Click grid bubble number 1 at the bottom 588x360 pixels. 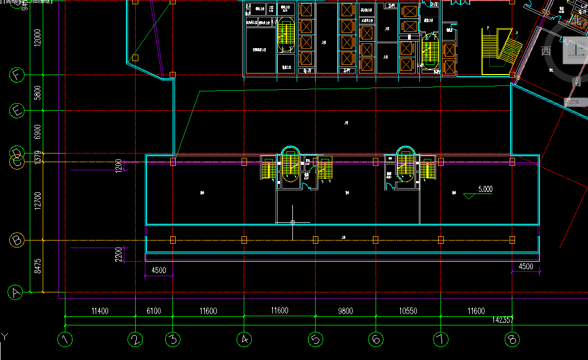[65, 339]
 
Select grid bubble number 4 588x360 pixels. [244, 339]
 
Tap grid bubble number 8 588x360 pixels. [512, 339]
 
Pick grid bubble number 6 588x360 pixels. [376, 339]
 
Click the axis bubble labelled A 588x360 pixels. [16, 292]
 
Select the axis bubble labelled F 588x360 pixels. [17, 75]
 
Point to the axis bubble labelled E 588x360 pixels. [17, 111]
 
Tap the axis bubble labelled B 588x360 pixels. [17, 240]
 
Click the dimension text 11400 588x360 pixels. [100, 311]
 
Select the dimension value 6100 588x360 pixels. [153, 311]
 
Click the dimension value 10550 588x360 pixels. [408, 311]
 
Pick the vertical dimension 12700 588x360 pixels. [37, 201]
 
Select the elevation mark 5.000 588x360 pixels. [485, 189]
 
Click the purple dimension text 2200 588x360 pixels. [119, 254]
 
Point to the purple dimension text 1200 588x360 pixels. [119, 165]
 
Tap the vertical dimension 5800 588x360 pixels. [37, 93]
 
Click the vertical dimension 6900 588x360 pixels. [37, 132]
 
